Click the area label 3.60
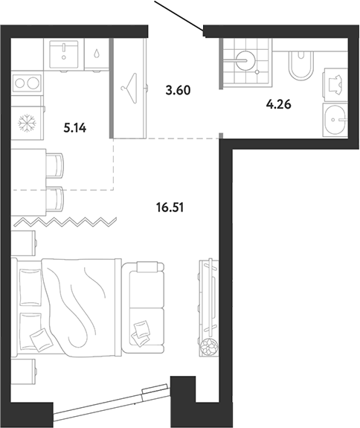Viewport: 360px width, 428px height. point(178,90)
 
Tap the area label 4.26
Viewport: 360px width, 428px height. point(279,104)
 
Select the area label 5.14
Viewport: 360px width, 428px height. point(75,128)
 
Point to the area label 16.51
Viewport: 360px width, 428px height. point(170,208)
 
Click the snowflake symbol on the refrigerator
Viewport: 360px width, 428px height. point(27,123)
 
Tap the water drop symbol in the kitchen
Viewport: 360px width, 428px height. point(97,53)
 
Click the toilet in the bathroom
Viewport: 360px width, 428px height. point(300,66)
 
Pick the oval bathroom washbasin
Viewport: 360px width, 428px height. point(335,120)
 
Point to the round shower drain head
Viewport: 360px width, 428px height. point(245,60)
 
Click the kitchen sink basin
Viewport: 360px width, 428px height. point(64,54)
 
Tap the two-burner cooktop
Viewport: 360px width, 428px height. point(28,83)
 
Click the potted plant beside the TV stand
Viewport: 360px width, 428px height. point(209,347)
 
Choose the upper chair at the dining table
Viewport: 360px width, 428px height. point(55,165)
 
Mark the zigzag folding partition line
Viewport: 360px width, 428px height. point(65,223)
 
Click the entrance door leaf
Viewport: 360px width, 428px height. point(179,16)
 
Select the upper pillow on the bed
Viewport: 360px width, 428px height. point(31,287)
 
